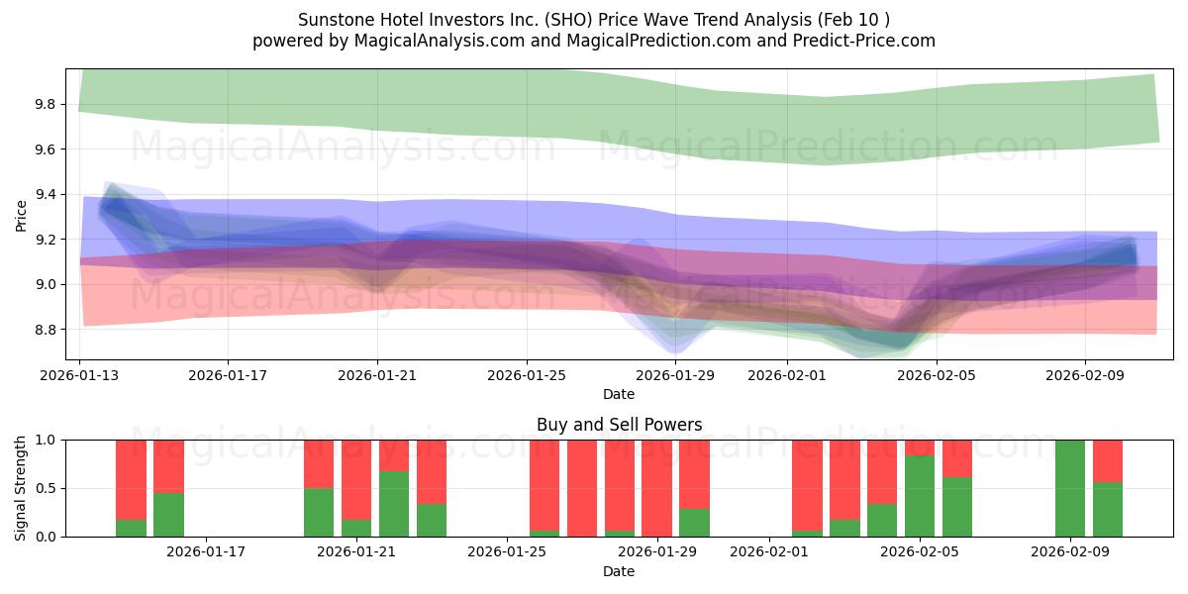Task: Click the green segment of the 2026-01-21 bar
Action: (356, 528)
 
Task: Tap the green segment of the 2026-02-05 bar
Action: (920, 496)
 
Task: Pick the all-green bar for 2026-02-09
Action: (1070, 488)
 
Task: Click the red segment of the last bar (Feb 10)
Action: (1108, 460)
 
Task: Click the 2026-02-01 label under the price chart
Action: (787, 375)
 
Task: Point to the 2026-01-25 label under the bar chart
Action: (507, 552)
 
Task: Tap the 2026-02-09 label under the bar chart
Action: (1070, 552)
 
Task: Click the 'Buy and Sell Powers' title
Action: (619, 425)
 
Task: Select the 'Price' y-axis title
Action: (22, 215)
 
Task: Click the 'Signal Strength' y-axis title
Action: (22, 488)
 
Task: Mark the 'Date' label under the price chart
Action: (619, 394)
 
